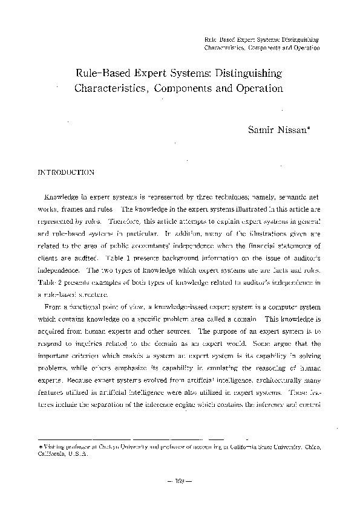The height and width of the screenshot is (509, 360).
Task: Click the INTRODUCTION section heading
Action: click(x=66, y=172)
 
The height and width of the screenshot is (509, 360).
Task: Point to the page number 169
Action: click(x=180, y=481)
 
